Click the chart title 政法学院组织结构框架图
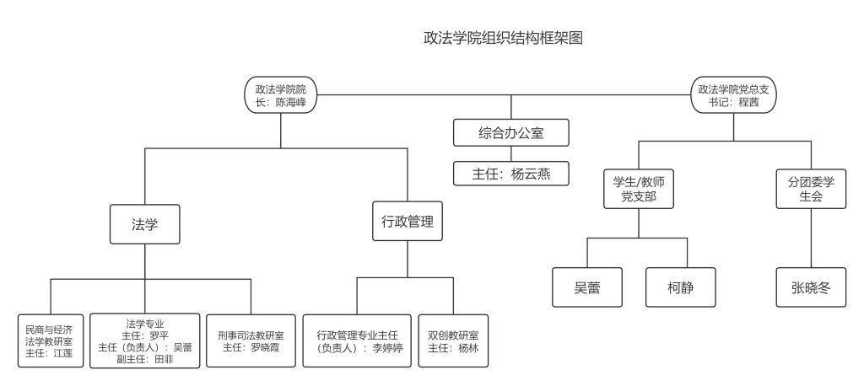pyautogui.click(x=503, y=38)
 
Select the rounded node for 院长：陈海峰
pyautogui.click(x=280, y=95)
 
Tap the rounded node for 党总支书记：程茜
pyautogui.click(x=733, y=95)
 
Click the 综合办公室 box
pyautogui.click(x=510, y=132)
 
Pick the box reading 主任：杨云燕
pyautogui.click(x=510, y=174)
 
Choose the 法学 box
pyautogui.click(x=145, y=224)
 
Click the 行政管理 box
pyautogui.click(x=408, y=222)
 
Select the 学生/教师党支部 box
pyautogui.click(x=639, y=189)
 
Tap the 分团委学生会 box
pyautogui.click(x=811, y=189)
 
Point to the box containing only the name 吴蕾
pyautogui.click(x=587, y=287)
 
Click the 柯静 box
pyautogui.click(x=681, y=287)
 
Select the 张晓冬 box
pyautogui.click(x=811, y=287)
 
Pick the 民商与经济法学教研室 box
pyautogui.click(x=51, y=340)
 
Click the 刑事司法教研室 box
pyautogui.click(x=251, y=340)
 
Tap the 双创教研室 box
pyautogui.click(x=453, y=340)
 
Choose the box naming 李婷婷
pyautogui.click(x=357, y=340)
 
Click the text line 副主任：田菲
pyautogui.click(x=145, y=359)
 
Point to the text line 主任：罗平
pyautogui.click(x=145, y=336)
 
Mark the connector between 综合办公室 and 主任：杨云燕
pyautogui.click(x=510, y=153)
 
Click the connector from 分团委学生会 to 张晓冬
pyautogui.click(x=811, y=239)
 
